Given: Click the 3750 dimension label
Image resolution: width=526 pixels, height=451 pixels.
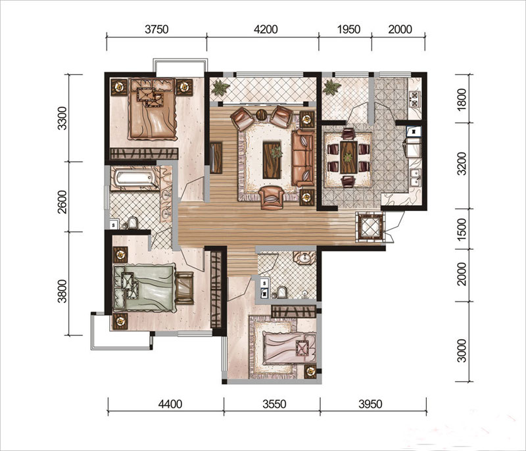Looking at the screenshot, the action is [156, 30].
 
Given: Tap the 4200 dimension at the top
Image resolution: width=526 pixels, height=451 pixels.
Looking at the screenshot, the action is [266, 30].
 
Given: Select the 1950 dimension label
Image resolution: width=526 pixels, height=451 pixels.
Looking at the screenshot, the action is [349, 30].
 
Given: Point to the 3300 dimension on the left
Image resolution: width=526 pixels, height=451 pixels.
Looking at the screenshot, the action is [62, 118].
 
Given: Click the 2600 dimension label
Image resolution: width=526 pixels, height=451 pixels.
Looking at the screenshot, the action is [62, 202].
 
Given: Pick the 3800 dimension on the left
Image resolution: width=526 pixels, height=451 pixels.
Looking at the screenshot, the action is [62, 291].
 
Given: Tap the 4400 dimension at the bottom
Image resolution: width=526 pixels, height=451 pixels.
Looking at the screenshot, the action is [170, 404].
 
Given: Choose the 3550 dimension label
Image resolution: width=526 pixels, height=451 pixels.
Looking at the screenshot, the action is [274, 404].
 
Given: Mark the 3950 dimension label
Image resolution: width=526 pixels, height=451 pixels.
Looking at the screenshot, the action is [370, 404].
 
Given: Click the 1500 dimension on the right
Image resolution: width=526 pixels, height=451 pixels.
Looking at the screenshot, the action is [462, 229].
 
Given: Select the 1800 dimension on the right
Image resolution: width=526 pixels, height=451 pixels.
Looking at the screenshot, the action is [462, 97].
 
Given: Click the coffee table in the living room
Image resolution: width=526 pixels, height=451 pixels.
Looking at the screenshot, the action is [272, 160].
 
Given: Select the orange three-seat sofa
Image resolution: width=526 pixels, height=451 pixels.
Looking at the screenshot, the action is [303, 158].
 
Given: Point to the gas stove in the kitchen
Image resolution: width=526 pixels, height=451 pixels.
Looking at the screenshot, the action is [415, 99].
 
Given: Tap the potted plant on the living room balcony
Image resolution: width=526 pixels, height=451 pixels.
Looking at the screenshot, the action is [220, 87].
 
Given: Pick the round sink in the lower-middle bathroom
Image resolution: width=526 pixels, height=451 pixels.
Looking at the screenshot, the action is [304, 258].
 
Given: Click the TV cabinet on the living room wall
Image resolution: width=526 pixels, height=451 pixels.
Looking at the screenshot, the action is [216, 158].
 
